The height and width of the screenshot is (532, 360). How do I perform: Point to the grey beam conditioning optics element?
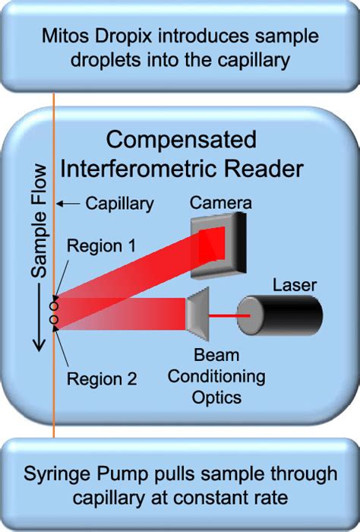click(198, 312)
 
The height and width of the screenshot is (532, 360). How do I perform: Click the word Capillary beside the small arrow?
click(120, 204)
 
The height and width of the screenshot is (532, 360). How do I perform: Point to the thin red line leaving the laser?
click(227, 312)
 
